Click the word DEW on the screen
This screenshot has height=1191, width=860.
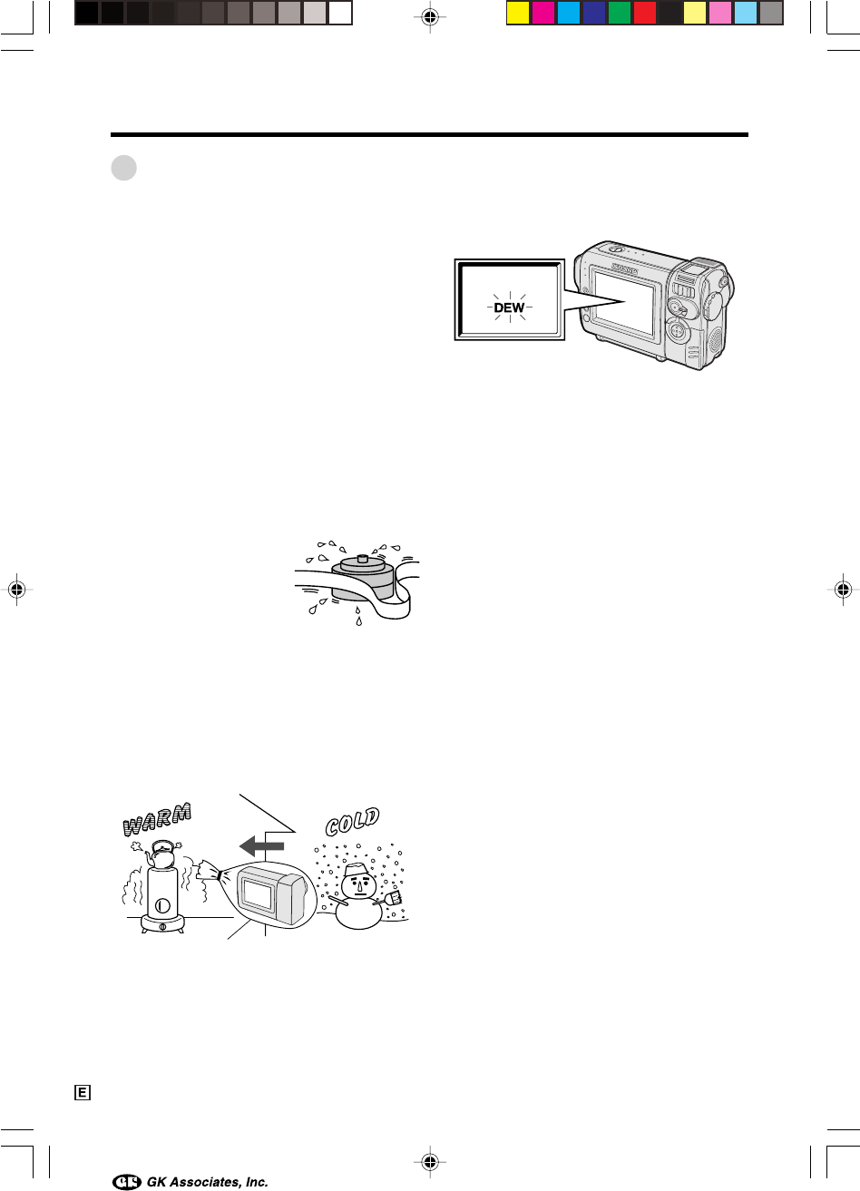tap(509, 308)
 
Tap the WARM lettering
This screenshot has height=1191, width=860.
tap(157, 819)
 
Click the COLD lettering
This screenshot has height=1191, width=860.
tap(353, 822)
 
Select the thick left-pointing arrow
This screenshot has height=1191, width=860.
tap(261, 846)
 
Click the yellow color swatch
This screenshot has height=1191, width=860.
tap(518, 13)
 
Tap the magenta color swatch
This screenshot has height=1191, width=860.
tap(543, 13)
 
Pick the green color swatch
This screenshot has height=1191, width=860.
tap(620, 13)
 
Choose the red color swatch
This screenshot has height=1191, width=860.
tap(645, 13)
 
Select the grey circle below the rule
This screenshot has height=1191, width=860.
tap(124, 168)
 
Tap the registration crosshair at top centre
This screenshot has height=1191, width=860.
tap(430, 17)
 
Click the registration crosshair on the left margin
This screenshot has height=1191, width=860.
tap(17, 589)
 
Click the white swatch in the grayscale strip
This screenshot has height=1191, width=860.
tap(340, 13)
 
